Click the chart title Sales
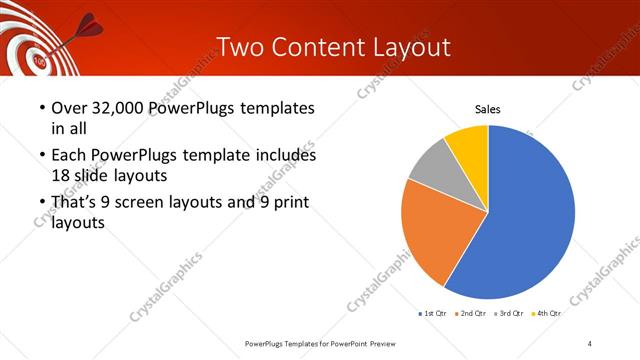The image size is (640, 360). coord(487,109)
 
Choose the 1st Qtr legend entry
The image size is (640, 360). coord(433,314)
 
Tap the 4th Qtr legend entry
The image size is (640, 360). coord(546,314)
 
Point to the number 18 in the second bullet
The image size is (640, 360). coord(62,174)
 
